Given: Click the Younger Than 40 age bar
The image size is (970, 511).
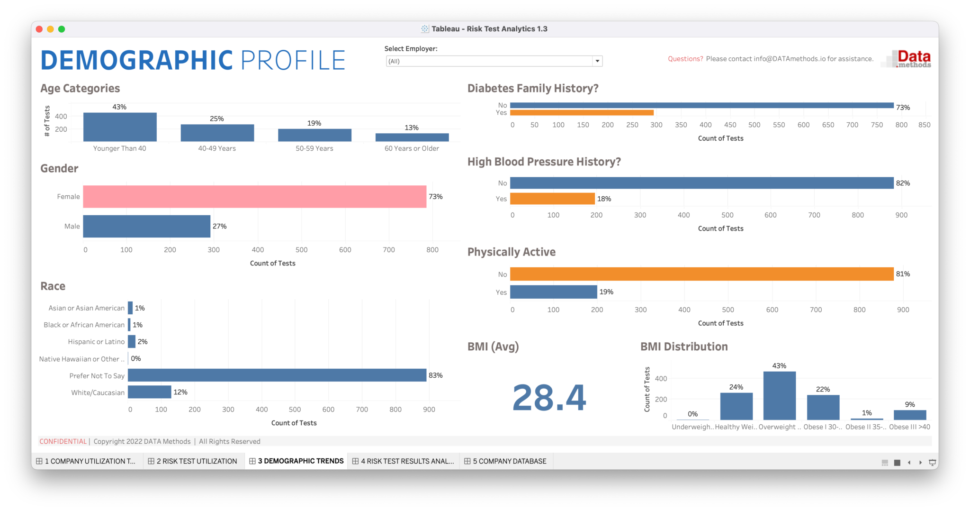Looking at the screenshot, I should click(120, 127).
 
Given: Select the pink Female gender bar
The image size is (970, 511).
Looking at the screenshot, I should click(254, 196).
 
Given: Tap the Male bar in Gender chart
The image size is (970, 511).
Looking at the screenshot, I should click(146, 226).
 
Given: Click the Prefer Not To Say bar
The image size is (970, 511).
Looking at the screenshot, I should click(277, 375).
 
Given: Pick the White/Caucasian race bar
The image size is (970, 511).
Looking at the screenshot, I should click(149, 392).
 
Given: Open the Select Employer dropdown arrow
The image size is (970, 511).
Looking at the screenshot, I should click(597, 61).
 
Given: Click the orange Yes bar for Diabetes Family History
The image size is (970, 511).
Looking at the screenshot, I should click(582, 113).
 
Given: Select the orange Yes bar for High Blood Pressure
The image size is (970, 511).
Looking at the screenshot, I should click(552, 199).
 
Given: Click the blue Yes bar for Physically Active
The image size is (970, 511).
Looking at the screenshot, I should click(553, 292).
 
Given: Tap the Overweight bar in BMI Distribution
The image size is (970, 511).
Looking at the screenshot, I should click(779, 396).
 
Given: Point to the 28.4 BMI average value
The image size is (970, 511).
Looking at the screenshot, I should click(549, 398).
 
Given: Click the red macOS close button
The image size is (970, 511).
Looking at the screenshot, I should click(39, 29).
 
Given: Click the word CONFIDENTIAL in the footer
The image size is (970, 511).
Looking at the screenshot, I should click(63, 441).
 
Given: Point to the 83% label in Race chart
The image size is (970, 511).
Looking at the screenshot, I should click(435, 375).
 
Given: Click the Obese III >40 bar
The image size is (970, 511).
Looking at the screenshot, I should click(909, 415).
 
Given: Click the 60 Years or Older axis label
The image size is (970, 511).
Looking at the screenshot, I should click(411, 148).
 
